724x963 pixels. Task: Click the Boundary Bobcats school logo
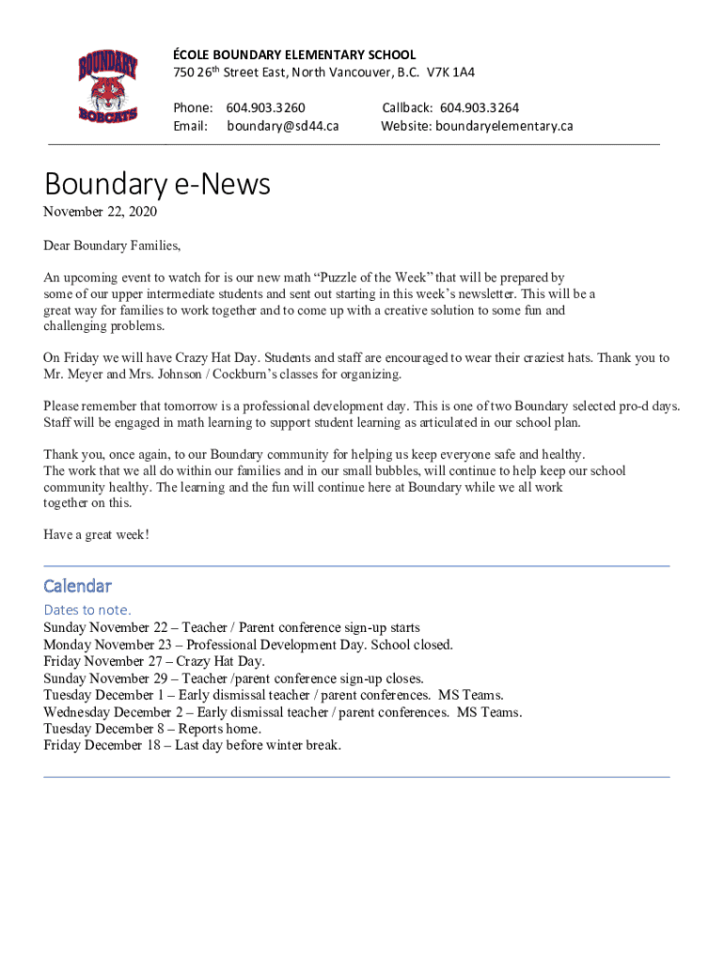(108, 87)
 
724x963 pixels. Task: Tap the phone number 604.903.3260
(266, 108)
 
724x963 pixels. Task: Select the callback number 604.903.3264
(480, 108)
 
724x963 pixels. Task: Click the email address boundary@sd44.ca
(283, 126)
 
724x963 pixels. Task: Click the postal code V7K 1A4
(450, 72)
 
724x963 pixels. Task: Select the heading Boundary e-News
(157, 183)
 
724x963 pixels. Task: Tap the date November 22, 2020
(100, 213)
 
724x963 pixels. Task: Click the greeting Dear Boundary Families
(111, 246)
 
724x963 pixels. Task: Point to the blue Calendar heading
(77, 586)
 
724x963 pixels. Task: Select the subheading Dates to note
(87, 609)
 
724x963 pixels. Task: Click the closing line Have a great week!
(96, 535)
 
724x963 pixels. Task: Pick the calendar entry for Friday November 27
(154, 661)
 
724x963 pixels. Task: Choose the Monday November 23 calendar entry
(248, 644)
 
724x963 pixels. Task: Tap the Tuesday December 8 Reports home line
(152, 729)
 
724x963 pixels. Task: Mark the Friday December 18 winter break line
(192, 746)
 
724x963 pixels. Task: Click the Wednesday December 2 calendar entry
(282, 712)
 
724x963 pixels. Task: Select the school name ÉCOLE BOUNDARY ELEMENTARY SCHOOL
(294, 55)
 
